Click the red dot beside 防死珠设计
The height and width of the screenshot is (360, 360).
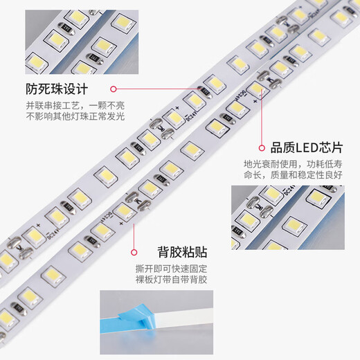pos(114,89)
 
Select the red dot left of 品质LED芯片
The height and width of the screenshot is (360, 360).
pos(262,147)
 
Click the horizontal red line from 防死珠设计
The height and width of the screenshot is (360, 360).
pos(159,89)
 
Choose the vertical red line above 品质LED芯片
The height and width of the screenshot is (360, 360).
pos(262,118)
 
